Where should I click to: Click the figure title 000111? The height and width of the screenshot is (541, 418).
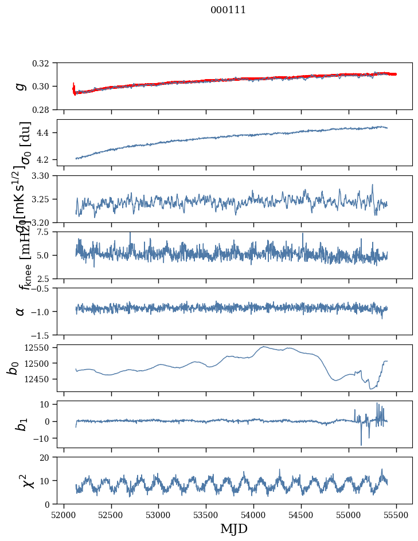(228, 10)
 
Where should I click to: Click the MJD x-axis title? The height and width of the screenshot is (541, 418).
(234, 528)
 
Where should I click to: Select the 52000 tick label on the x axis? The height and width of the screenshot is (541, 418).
(64, 515)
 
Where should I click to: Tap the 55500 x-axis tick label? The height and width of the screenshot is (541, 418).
(396, 515)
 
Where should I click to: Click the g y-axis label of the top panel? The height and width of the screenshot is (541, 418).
(21, 86)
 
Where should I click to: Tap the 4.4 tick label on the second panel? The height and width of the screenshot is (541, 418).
(47, 133)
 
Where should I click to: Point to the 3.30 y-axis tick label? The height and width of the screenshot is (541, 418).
(45, 176)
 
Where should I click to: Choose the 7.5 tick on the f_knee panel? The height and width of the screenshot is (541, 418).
(47, 232)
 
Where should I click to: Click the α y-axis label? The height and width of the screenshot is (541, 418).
(21, 311)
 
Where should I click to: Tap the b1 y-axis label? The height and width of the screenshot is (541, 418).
(21, 424)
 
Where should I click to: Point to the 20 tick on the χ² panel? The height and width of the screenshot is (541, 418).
(48, 458)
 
